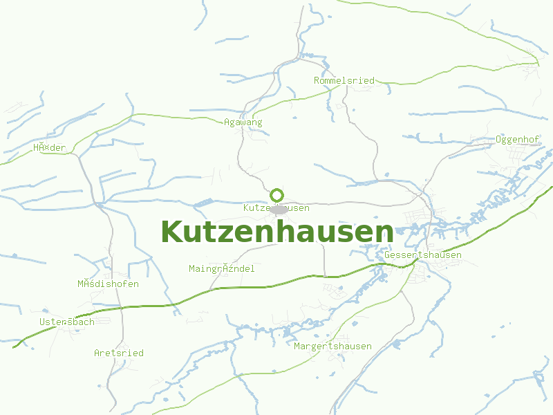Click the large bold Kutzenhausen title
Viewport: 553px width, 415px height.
coord(276,232)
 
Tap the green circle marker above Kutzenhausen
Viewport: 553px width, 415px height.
coord(277,195)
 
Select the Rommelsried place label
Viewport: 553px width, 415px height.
coord(344,81)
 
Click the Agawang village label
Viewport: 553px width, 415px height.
coord(243,122)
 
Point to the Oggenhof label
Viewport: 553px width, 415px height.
coord(517,140)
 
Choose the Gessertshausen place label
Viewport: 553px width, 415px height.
coord(423,255)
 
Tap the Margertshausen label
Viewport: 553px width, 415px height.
coord(332,346)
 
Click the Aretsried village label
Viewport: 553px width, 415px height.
coord(119,353)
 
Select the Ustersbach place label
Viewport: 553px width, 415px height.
coord(67,322)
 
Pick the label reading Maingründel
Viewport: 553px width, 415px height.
coord(221,268)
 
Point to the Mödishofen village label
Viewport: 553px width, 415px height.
coord(108,284)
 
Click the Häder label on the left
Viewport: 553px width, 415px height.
coord(49,148)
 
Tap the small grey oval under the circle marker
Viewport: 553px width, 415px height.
coord(279,209)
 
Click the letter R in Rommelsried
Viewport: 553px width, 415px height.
coord(317,81)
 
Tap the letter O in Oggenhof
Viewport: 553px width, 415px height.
coord(498,140)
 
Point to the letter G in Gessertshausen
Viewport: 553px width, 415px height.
coord(388,255)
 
